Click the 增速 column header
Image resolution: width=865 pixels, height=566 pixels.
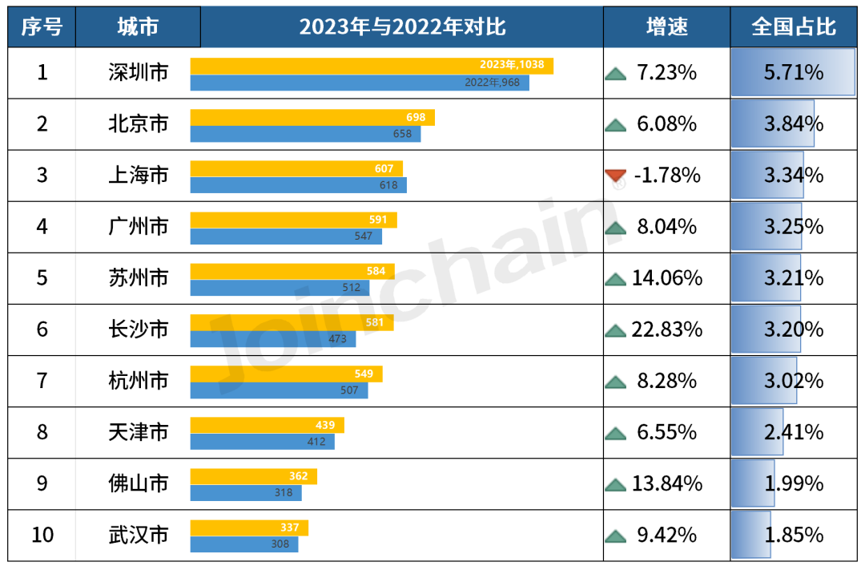click(x=666, y=27)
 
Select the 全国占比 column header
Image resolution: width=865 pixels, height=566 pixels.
click(x=793, y=27)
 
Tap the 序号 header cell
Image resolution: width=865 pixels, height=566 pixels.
click(x=42, y=27)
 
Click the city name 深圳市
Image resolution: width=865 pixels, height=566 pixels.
click(x=138, y=73)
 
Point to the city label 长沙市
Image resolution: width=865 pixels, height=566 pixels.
click(x=138, y=329)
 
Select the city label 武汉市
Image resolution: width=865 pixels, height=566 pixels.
click(x=138, y=535)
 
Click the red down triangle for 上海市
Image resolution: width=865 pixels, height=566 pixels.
click(x=615, y=176)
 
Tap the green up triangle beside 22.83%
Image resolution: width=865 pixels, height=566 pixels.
click(x=615, y=330)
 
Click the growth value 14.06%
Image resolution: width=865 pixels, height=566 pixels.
click(x=666, y=278)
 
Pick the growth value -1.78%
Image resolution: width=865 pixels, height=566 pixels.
click(x=666, y=176)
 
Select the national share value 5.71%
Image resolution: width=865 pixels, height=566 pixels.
click(x=793, y=73)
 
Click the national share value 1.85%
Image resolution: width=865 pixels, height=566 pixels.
click(x=793, y=535)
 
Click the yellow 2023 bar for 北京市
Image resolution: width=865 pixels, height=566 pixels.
click(x=312, y=117)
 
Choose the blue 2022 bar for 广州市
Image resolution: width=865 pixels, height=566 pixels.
click(x=286, y=237)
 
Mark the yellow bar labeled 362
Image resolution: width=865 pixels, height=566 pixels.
click(x=253, y=476)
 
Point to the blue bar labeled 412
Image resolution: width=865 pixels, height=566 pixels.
click(x=262, y=442)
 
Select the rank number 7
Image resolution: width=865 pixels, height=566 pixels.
click(x=42, y=381)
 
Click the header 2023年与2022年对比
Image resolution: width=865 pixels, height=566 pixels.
click(x=402, y=27)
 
